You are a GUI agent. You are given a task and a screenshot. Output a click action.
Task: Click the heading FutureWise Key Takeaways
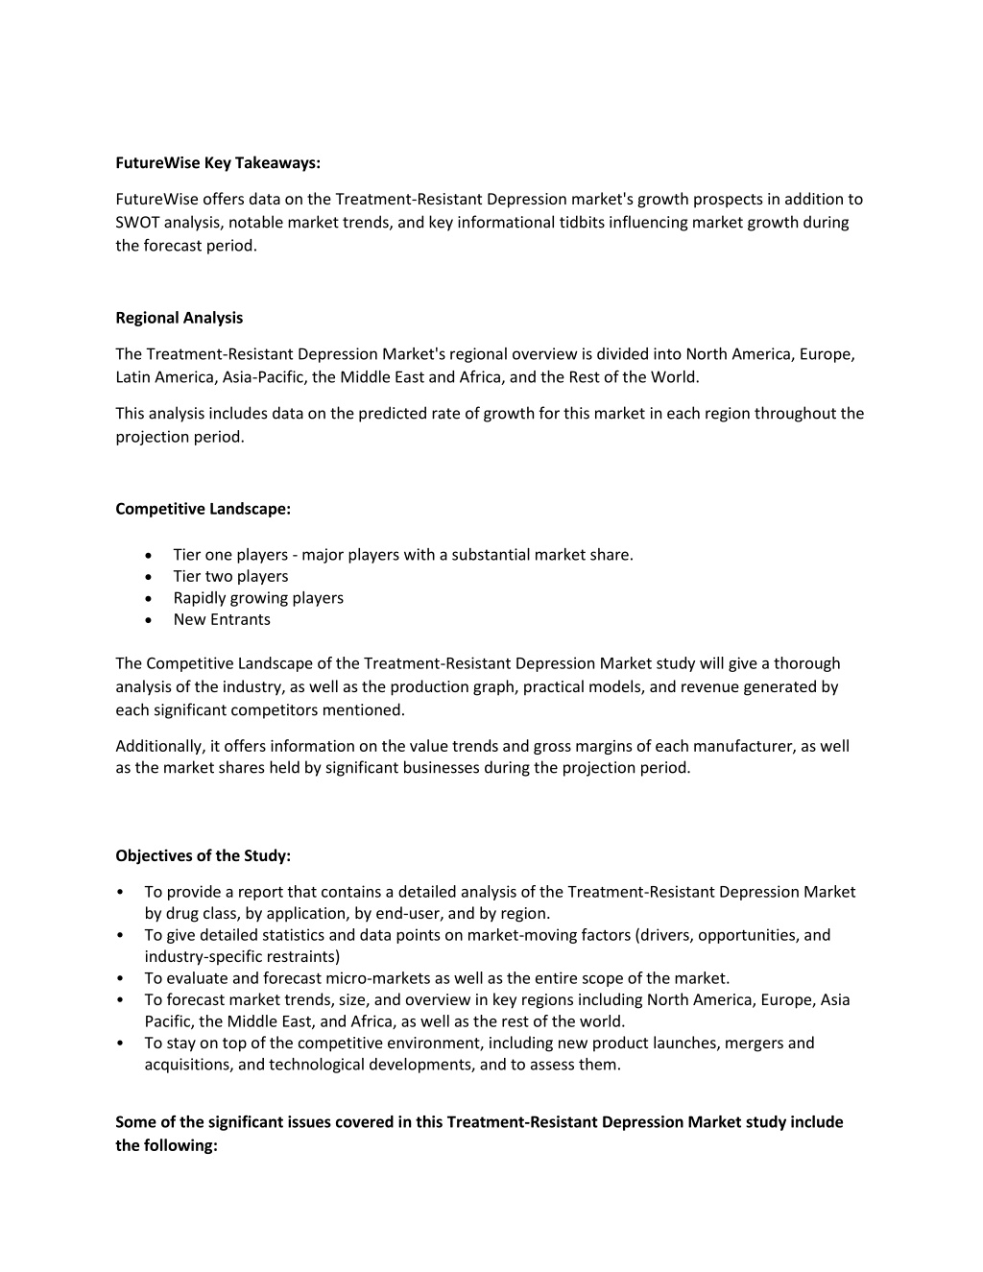[218, 163]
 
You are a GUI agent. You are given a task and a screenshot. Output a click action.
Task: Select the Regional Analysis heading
[179, 318]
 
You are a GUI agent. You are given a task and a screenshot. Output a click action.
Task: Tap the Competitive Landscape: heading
[203, 509]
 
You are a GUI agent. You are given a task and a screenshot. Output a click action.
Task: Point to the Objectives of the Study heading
[203, 855]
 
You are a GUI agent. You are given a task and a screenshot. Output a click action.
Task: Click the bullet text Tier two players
[230, 576]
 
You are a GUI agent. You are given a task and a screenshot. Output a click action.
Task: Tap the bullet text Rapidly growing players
[258, 598]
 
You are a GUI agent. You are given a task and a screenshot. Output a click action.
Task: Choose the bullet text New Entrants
[222, 619]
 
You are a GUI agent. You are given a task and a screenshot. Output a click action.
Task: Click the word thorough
[807, 663]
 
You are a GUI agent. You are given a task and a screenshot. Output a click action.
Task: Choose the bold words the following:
[167, 1145]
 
